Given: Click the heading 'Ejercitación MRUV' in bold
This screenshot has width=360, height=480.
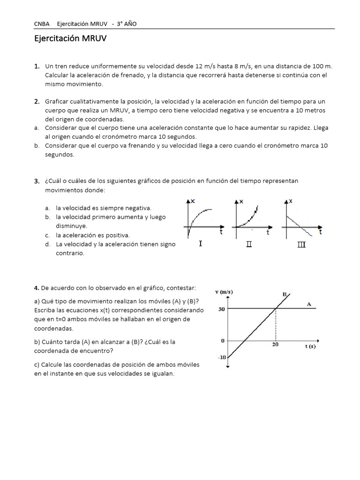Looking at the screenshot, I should click(70, 39).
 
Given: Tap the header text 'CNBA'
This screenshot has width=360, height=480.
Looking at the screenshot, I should click(42, 24).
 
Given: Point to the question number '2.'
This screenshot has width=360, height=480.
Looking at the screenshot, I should click(37, 101).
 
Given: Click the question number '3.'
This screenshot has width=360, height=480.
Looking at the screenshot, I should click(37, 181).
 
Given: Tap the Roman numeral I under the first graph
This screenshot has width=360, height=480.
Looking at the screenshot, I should click(201, 244).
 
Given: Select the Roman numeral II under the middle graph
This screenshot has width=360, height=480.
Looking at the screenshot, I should click(249, 244).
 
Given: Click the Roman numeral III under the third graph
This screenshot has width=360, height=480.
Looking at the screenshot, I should click(301, 244).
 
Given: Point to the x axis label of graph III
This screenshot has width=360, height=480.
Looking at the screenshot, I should click(291, 201).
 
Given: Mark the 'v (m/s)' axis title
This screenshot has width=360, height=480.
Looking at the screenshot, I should click(224, 292).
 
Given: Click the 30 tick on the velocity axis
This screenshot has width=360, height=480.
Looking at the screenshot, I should click(221, 309).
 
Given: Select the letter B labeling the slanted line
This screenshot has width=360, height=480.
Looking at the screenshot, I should click(285, 294).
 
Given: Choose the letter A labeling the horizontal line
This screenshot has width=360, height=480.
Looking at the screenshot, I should click(309, 304).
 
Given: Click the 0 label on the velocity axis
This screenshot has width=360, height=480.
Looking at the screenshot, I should click(223, 341).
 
